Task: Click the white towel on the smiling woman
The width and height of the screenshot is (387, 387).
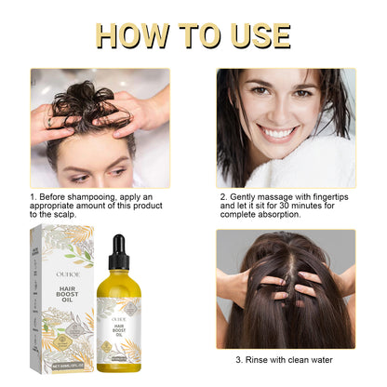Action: tap(326, 167)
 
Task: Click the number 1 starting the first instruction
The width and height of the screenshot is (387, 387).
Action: tap(32, 197)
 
